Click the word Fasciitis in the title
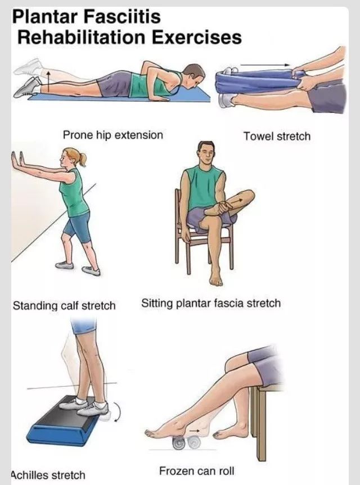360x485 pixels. click(x=122, y=17)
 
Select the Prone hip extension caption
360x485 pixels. click(x=112, y=135)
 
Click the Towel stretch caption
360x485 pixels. click(x=277, y=136)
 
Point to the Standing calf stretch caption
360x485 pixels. click(x=64, y=306)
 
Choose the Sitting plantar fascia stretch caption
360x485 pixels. click(x=211, y=303)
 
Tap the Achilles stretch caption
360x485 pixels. click(x=48, y=475)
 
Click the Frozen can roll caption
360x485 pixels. click(x=196, y=471)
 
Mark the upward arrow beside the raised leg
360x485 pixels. click(x=48, y=81)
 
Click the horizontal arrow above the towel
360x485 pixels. click(x=265, y=65)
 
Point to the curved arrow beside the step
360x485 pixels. click(x=118, y=411)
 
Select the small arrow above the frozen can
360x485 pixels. click(x=195, y=430)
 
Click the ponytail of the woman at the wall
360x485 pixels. click(x=82, y=159)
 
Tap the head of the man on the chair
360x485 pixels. click(x=206, y=153)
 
